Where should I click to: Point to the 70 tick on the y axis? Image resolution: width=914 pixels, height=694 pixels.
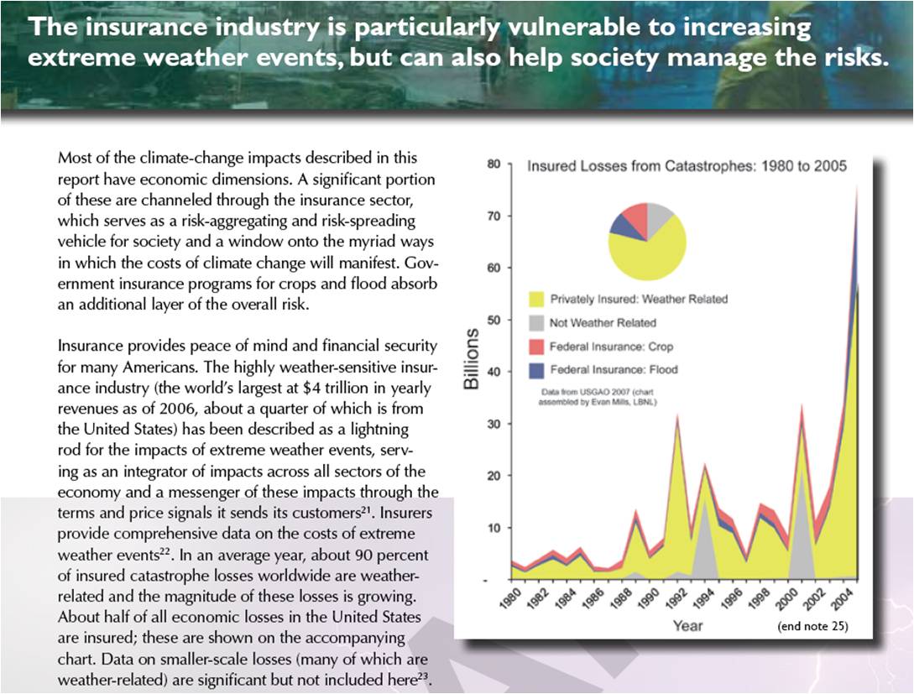click(494, 217)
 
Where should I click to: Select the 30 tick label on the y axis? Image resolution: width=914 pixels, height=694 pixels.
click(494, 425)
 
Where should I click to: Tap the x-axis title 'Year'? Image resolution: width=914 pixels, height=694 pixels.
click(688, 626)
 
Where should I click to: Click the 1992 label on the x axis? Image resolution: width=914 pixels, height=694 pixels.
click(674, 598)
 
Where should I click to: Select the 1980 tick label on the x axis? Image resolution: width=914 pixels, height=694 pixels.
click(510, 598)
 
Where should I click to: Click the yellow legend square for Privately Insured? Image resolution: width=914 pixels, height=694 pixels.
click(536, 300)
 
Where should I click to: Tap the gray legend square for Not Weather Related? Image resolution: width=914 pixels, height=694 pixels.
click(536, 323)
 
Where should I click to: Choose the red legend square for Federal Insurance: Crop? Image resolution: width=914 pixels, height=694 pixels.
click(536, 347)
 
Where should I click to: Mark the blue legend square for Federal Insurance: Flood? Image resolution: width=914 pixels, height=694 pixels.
click(536, 370)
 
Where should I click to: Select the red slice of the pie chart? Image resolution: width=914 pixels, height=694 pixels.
click(635, 217)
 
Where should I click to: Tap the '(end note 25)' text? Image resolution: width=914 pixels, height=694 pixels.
click(812, 626)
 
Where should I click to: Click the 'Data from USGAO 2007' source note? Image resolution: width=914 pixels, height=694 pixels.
click(598, 397)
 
